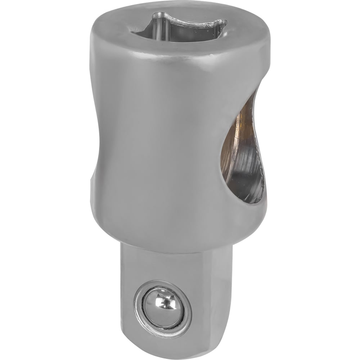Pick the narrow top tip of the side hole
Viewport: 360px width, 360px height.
[254, 95]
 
